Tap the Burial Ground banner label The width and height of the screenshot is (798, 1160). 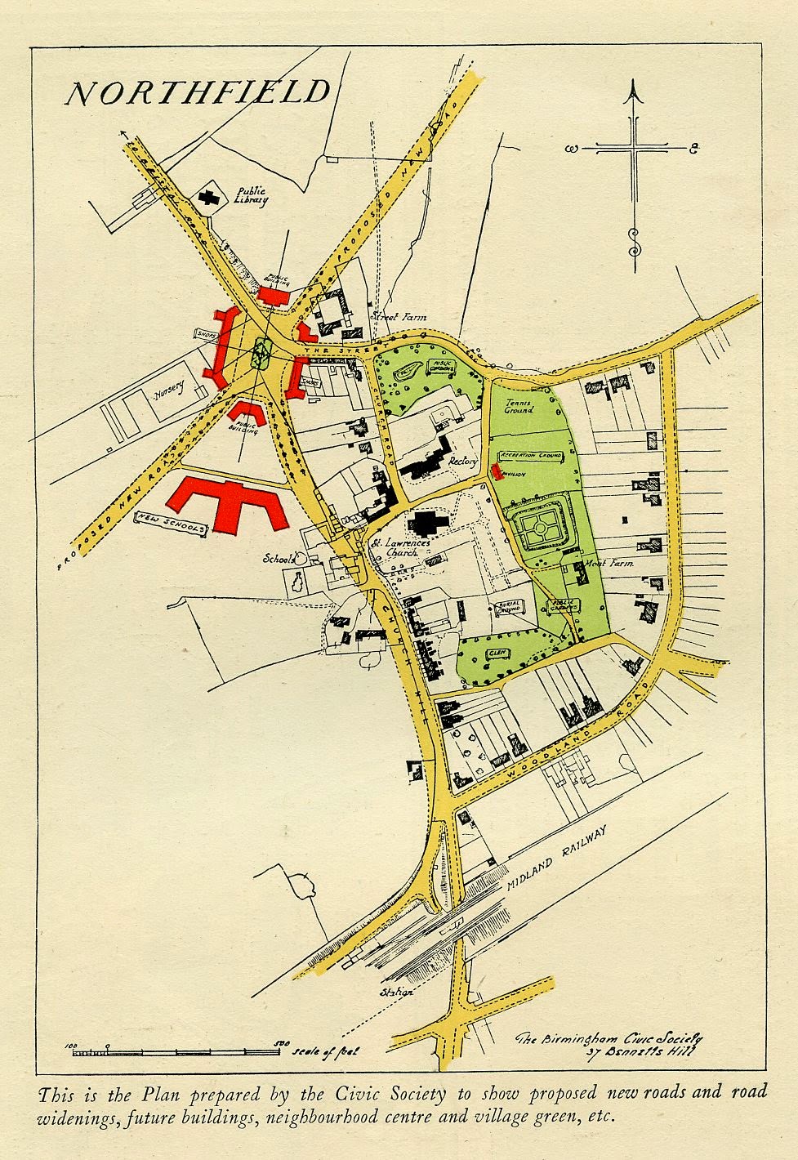[507, 608]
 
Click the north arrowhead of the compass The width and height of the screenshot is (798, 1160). [633, 96]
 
